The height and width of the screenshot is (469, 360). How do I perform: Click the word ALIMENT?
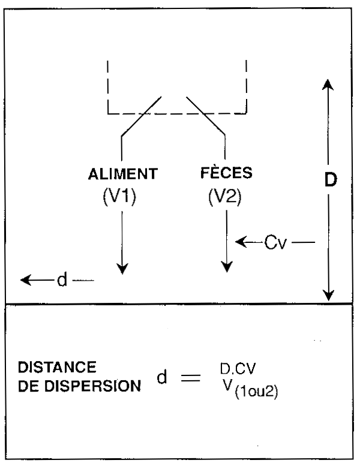(122, 175)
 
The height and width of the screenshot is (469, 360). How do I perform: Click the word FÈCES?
(226, 173)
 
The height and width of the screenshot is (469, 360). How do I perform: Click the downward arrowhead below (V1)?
(122, 269)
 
